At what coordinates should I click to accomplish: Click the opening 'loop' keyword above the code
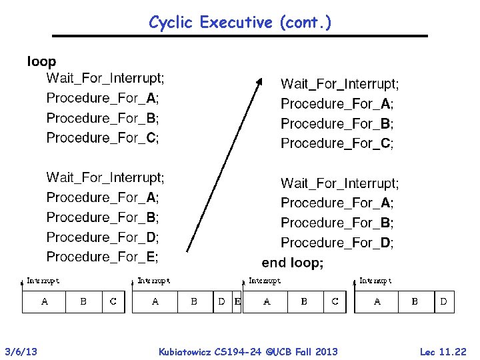click(41, 62)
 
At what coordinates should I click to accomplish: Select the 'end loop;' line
click(292, 263)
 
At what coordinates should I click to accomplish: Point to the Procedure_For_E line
click(103, 257)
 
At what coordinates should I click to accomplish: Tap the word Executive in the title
click(237, 23)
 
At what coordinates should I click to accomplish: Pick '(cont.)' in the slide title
click(305, 23)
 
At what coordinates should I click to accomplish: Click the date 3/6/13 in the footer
click(21, 351)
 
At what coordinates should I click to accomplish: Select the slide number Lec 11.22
click(443, 351)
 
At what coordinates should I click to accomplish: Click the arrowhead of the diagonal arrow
click(260, 80)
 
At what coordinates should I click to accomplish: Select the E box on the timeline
click(237, 302)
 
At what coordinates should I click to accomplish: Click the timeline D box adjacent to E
click(222, 302)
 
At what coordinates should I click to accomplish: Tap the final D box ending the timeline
click(444, 302)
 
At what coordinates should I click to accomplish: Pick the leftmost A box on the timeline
click(44, 302)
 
